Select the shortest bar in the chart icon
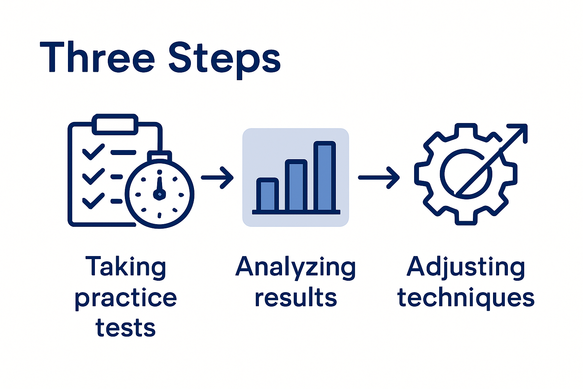[x=268, y=195]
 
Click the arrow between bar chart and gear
[x=379, y=177]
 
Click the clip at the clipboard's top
[x=115, y=124]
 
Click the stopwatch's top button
[x=159, y=156]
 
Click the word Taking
[x=126, y=267]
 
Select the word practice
[x=126, y=299]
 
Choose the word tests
[x=126, y=328]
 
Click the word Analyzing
[x=295, y=267]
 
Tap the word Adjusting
[x=466, y=267]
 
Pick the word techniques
[x=466, y=298]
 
